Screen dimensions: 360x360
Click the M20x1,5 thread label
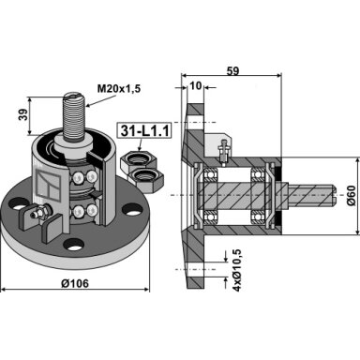pyautogui.click(x=119, y=89)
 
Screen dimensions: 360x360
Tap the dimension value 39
pyautogui.click(x=23, y=114)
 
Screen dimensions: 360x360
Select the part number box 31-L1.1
pyautogui.click(x=144, y=131)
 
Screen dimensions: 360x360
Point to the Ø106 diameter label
pyautogui.click(x=75, y=283)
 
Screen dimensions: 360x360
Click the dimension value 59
pyautogui.click(x=232, y=71)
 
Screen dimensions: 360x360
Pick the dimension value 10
pyautogui.click(x=196, y=85)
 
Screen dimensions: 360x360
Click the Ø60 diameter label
pyautogui.click(x=351, y=195)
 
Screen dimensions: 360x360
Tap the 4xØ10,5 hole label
pyautogui.click(x=238, y=268)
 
